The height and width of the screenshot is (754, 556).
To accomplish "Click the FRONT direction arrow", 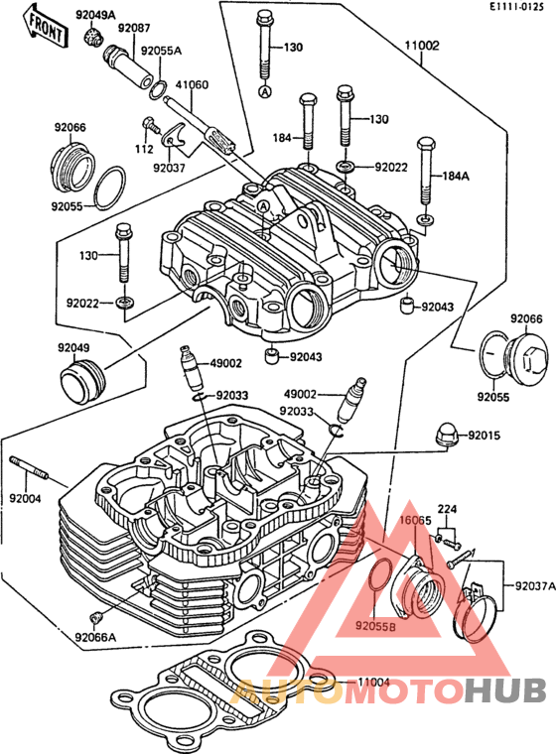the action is (45, 27).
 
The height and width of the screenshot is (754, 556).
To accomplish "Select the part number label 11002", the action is (422, 46).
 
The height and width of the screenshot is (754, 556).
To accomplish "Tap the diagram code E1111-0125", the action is (516, 7).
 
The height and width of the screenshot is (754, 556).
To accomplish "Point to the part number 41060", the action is (192, 85).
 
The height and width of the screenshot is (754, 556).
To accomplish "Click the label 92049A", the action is (95, 16).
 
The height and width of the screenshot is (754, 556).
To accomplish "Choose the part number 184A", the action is (456, 176).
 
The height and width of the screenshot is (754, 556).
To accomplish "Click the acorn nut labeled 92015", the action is (446, 436).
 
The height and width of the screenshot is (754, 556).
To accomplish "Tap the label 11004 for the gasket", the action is (373, 683).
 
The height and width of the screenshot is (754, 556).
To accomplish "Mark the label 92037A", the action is (535, 586).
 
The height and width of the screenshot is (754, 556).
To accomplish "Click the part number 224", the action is (447, 509).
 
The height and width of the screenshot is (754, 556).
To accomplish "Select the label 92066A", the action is (95, 638).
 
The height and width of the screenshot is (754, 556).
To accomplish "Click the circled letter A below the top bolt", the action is (265, 92).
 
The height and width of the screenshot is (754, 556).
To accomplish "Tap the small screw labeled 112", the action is (151, 124).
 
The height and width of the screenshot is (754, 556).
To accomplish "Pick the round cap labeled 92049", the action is (81, 382).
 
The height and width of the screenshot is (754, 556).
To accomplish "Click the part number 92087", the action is (134, 29).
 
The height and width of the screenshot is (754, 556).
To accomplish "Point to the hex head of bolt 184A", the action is (427, 144).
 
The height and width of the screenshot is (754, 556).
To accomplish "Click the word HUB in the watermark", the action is (505, 691).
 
